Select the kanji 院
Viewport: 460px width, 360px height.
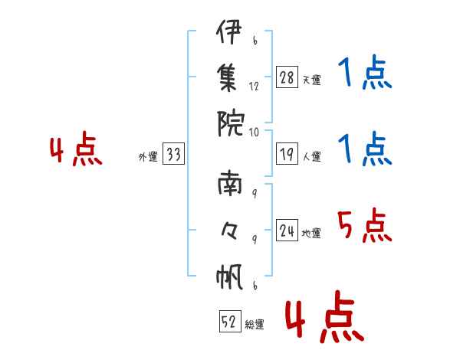tap(229, 120)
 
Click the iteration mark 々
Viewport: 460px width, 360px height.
tap(229, 231)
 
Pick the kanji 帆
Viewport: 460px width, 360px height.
tap(229, 276)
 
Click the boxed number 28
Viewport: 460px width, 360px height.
tap(287, 77)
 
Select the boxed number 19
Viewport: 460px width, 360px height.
tap(287, 155)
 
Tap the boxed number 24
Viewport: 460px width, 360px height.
tap(287, 231)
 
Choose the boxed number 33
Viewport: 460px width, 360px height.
tap(173, 155)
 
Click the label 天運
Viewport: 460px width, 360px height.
tap(311, 80)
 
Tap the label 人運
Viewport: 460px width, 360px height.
tap(311, 157)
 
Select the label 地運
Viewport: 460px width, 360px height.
tap(311, 234)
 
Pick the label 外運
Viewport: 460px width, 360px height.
tap(148, 157)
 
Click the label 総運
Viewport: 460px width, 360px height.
tap(255, 325)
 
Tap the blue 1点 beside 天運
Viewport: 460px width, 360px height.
tap(365, 75)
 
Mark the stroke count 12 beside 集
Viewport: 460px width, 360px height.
tap(255, 86)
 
